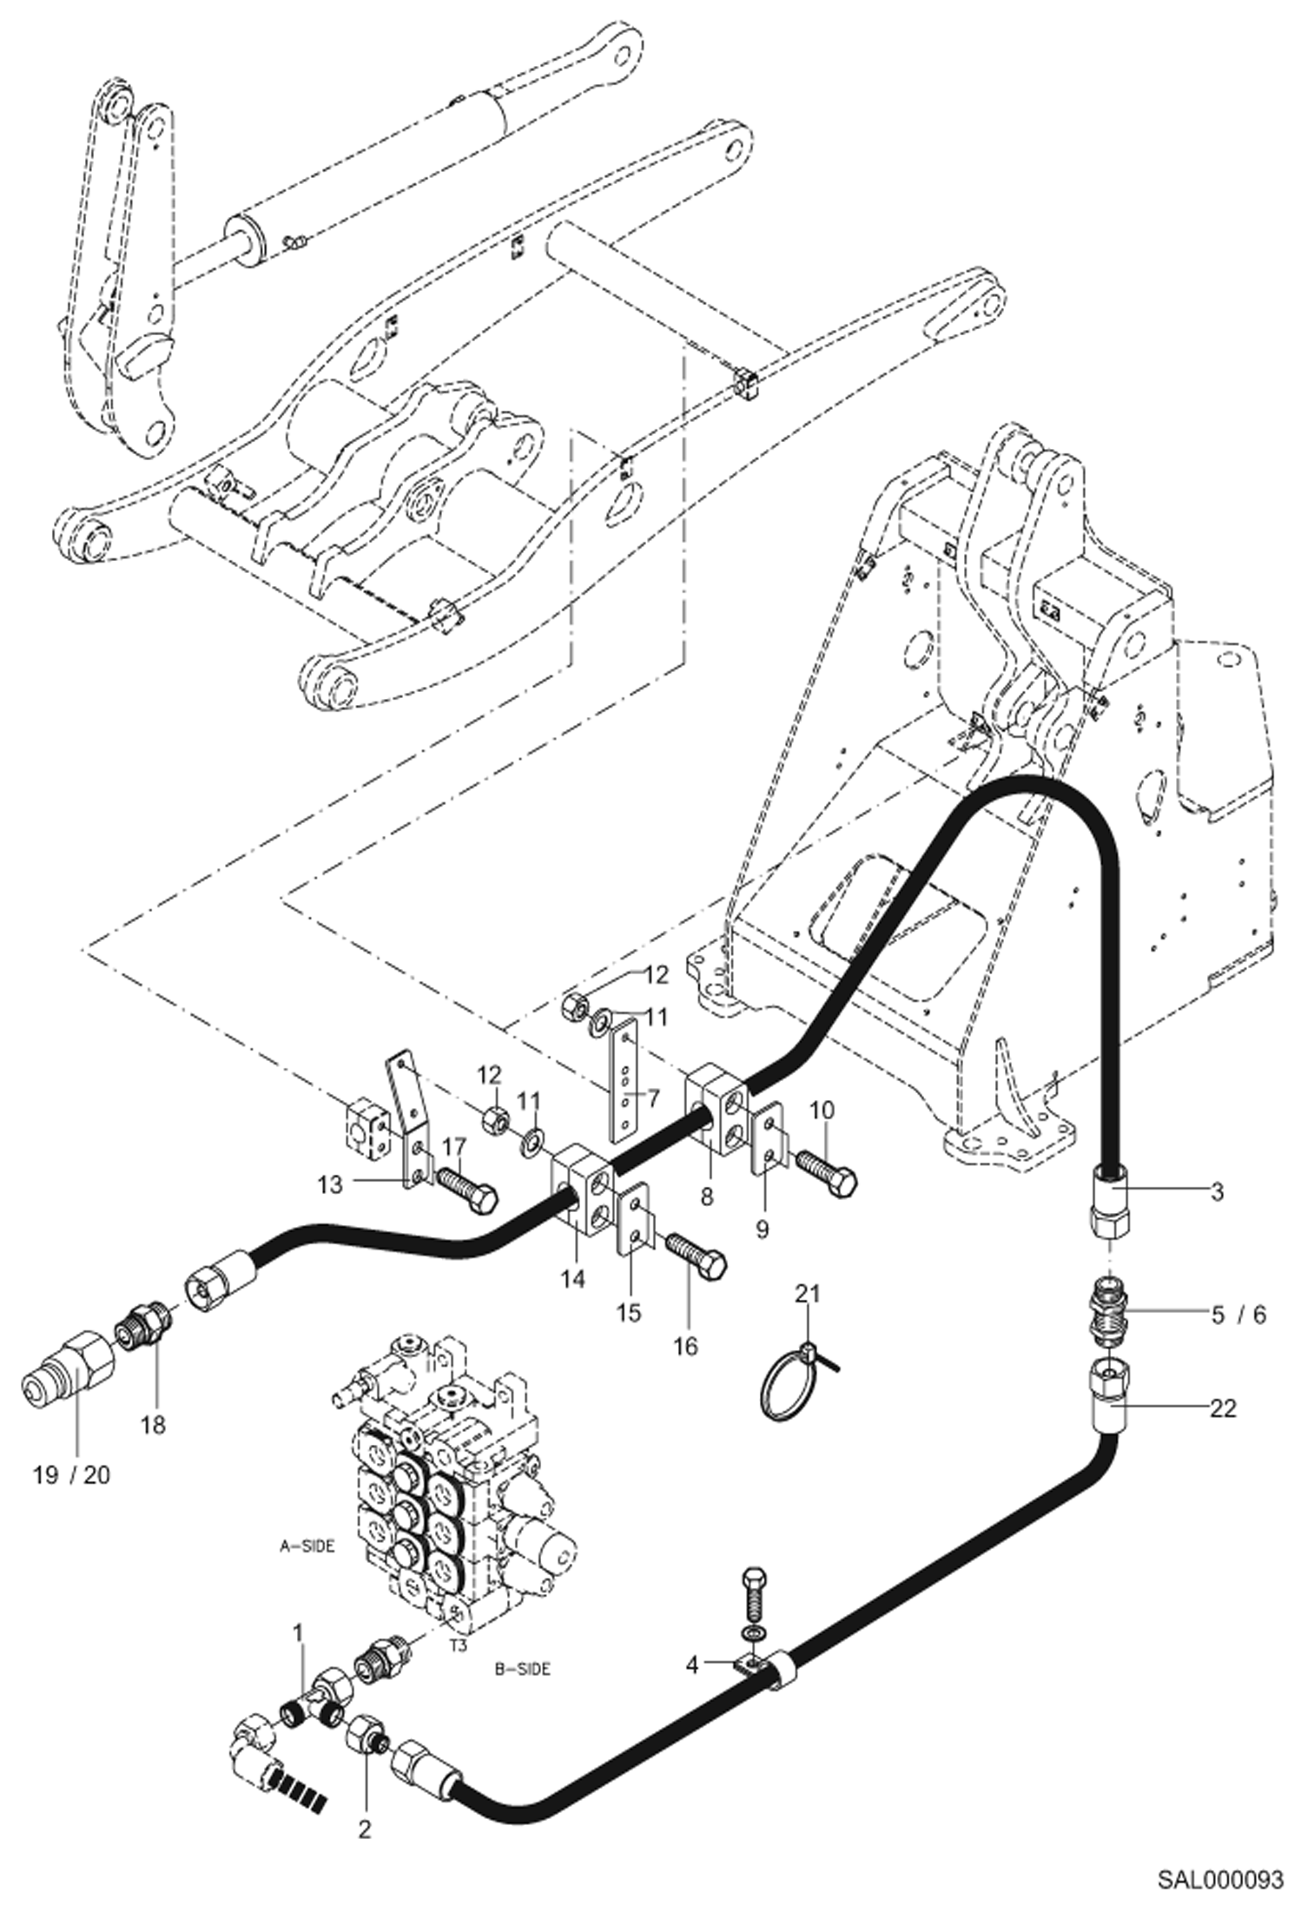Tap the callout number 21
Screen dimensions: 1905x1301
point(808,1295)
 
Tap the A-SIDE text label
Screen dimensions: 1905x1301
point(307,1546)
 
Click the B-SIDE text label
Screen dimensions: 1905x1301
point(523,1669)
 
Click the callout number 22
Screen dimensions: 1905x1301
point(1223,1407)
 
